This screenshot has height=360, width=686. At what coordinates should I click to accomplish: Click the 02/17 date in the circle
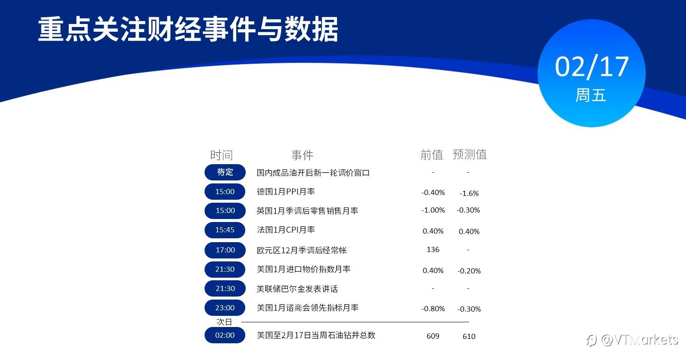pos(592,67)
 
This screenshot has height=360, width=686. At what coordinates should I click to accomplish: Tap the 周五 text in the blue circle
pos(591,95)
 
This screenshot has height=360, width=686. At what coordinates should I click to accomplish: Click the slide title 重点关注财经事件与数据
pos(188,29)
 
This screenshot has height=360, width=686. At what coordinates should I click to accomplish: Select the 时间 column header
pos(221,155)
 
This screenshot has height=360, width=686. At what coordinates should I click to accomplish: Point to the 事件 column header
pos(302,155)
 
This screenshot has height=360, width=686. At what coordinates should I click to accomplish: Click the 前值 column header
pos(432,155)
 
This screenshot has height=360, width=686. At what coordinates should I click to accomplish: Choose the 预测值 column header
pos(470,154)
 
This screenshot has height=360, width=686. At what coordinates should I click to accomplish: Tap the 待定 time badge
pos(225,172)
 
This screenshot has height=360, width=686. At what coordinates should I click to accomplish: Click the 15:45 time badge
pos(225,230)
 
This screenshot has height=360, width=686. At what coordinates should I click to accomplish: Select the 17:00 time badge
pos(225,250)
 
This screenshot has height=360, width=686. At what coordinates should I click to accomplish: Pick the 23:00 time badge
pos(225,308)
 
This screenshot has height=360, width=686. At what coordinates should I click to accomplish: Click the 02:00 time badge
pos(225,335)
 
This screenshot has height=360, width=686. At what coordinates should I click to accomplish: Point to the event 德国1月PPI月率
pos(286,192)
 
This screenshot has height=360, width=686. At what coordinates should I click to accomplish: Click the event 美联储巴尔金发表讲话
pos(297,289)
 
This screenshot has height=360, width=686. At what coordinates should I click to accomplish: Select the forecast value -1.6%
pos(469,193)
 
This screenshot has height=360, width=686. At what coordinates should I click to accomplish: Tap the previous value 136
pos(433,249)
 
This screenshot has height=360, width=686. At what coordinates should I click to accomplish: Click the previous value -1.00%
pos(433,210)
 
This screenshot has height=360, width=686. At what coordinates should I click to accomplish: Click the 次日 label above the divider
pos(224,322)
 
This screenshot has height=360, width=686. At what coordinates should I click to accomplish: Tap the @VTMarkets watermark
pos(632,340)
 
